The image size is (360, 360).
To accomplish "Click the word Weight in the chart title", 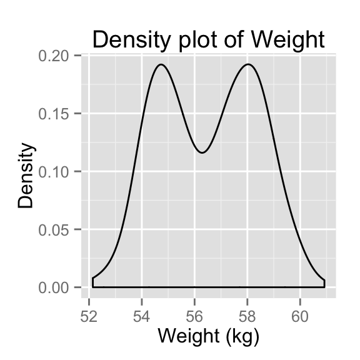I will [x=289, y=39].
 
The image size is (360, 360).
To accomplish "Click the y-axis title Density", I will [x=26, y=176].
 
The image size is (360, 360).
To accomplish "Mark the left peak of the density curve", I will [x=161, y=64].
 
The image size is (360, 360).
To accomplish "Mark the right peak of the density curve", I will [x=249, y=64].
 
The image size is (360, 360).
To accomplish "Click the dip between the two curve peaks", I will [x=202, y=152].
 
